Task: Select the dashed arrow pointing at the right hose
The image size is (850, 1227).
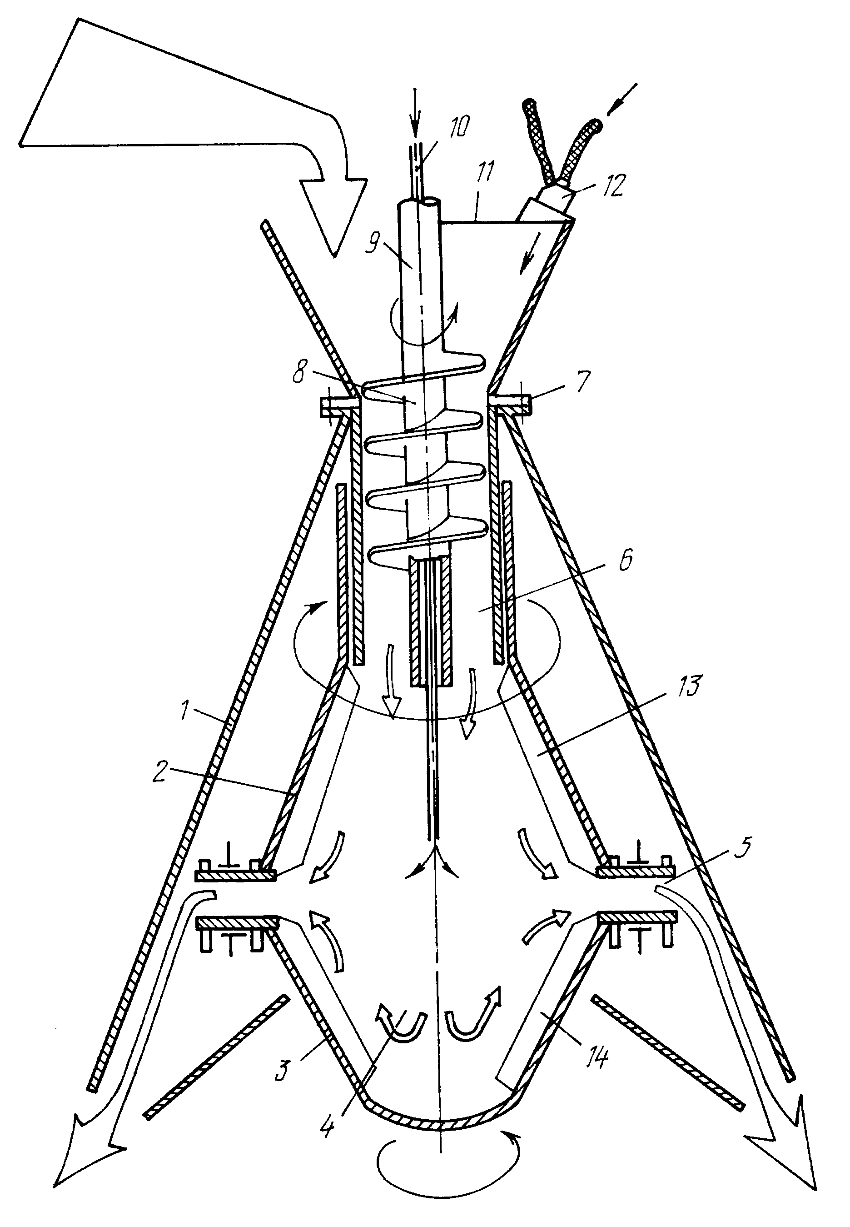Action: click(624, 100)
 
